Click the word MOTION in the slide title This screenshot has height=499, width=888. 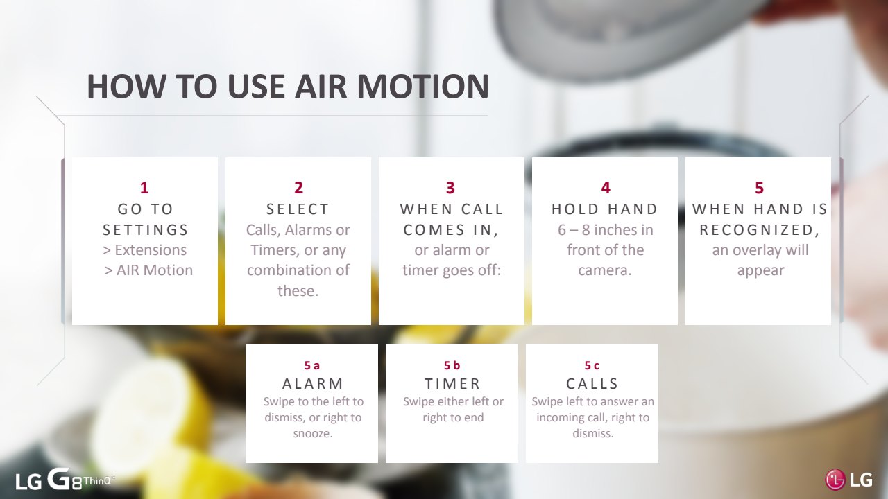click(423, 86)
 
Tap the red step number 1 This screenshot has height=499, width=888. click(144, 188)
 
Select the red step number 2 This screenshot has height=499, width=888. click(298, 188)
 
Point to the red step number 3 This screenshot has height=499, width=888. click(450, 188)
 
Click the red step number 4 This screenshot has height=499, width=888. click(606, 188)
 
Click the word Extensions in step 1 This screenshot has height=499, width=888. click(151, 250)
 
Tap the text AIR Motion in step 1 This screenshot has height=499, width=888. click(155, 270)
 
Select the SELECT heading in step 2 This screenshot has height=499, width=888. click(298, 209)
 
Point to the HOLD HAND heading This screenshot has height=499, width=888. click(605, 209)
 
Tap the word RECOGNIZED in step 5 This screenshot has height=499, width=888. click(757, 229)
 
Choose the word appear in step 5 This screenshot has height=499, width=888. click(761, 271)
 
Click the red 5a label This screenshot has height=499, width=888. click(312, 365)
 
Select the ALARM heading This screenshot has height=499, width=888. click(313, 384)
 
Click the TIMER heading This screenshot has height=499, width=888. click(453, 384)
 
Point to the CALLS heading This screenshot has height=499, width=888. click(592, 384)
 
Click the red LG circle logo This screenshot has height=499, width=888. click(835, 480)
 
